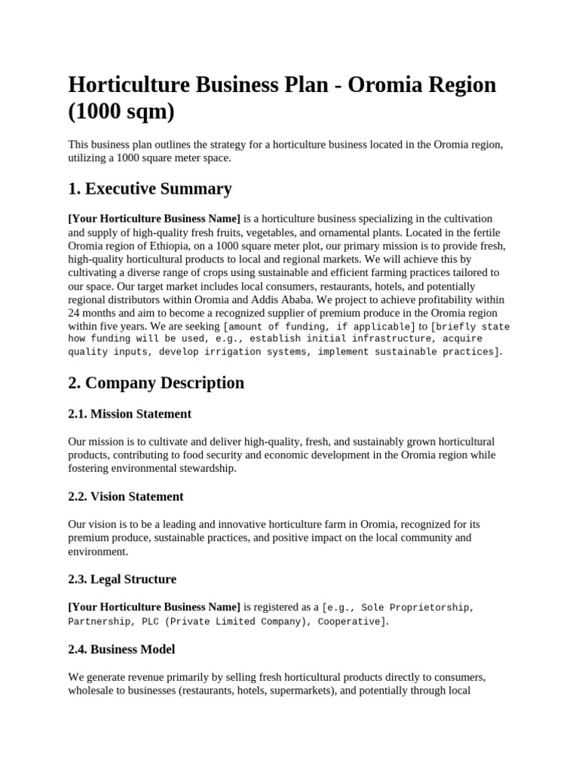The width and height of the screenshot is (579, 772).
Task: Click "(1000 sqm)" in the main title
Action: pyautogui.click(x=121, y=112)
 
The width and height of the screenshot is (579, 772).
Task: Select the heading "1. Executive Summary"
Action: pyautogui.click(x=150, y=188)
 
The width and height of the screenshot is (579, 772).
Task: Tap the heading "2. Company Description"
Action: pyautogui.click(x=156, y=383)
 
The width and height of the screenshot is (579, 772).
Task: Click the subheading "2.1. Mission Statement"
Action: pyautogui.click(x=130, y=414)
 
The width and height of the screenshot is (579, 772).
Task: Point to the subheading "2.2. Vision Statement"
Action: pyautogui.click(x=126, y=497)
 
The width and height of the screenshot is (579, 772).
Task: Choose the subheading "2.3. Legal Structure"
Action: pyautogui.click(x=122, y=580)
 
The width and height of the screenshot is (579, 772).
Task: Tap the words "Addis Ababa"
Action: pyautogui.click(x=302, y=299)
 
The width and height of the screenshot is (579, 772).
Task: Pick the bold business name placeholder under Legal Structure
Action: pyautogui.click(x=155, y=607)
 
